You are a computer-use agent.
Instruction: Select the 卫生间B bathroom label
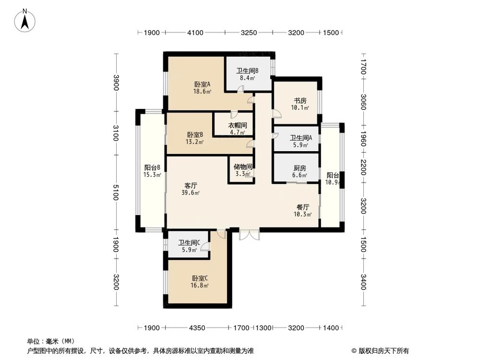tap(247, 70)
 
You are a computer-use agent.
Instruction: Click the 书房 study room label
tap(300, 101)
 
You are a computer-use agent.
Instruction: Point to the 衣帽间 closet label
tap(237, 125)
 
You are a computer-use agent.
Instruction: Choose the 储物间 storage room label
tap(242, 167)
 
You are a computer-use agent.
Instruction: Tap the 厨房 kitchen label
tap(300, 168)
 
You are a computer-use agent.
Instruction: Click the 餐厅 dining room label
tap(303, 207)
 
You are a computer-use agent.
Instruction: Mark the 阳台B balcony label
tap(152, 168)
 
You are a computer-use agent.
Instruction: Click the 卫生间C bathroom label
tap(189, 243)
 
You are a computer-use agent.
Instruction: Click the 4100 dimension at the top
tap(195, 33)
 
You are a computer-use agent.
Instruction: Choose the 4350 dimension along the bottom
tap(197, 328)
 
